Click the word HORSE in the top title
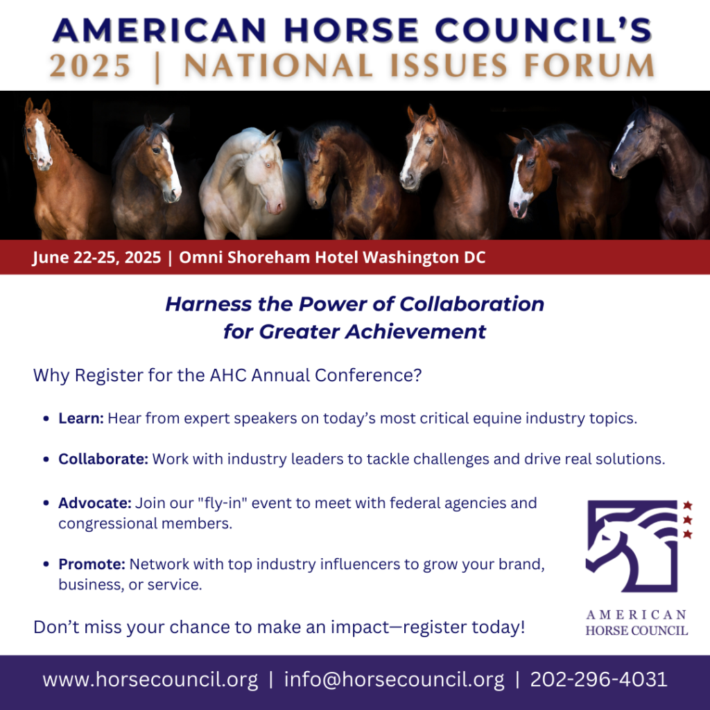click(x=352, y=31)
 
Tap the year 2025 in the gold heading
click(x=90, y=66)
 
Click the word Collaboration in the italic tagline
click(x=471, y=304)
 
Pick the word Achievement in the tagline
click(x=415, y=331)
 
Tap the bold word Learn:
click(x=81, y=418)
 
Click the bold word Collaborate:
click(x=103, y=459)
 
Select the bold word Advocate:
click(x=94, y=503)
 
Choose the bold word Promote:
click(x=92, y=564)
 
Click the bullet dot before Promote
click(x=46, y=564)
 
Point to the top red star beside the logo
click(x=687, y=505)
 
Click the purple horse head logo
click(x=632, y=546)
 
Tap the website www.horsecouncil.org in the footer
click(x=150, y=679)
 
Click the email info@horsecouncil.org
click(x=394, y=679)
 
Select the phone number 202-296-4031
click(x=598, y=679)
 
